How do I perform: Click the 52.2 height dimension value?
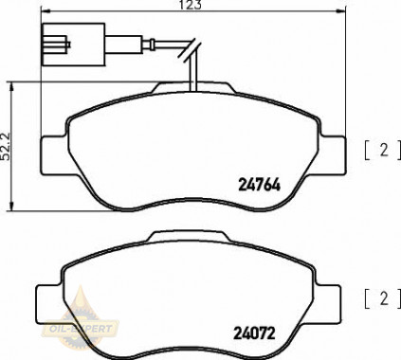tap(8, 144)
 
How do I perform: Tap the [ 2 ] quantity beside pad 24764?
tap(382, 149)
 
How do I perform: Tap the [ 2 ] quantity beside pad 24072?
tap(382, 300)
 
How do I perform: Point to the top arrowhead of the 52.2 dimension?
tap(11, 84)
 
